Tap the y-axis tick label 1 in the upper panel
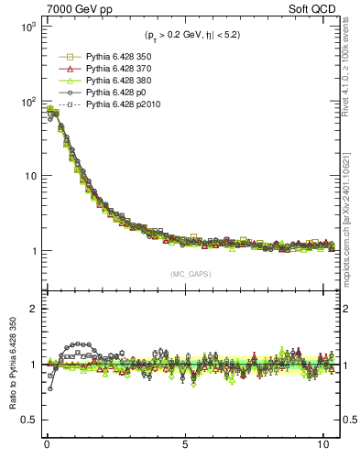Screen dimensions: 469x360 31,251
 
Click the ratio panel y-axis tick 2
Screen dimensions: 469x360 31,309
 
